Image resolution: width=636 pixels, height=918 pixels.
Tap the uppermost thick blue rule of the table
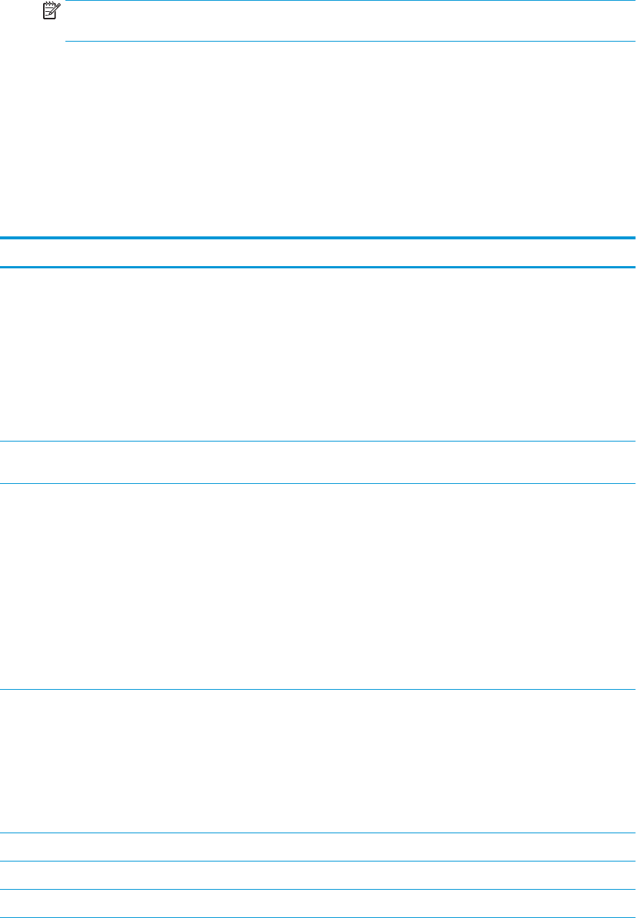coord(318,238)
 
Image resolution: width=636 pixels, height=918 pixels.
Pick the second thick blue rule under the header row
coord(318,267)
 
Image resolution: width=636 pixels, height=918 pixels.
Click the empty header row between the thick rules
coord(318,253)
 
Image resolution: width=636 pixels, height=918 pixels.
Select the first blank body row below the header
coord(318,355)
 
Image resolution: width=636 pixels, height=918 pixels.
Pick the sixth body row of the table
coord(318,876)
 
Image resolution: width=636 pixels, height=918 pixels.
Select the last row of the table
coord(318,903)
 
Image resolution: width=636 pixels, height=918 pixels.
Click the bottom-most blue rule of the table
coord(318,917)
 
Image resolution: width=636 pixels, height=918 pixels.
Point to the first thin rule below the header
coord(318,442)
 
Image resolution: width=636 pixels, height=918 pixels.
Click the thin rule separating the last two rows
coord(318,890)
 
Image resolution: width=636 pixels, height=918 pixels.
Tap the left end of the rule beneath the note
coord(68,42)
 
